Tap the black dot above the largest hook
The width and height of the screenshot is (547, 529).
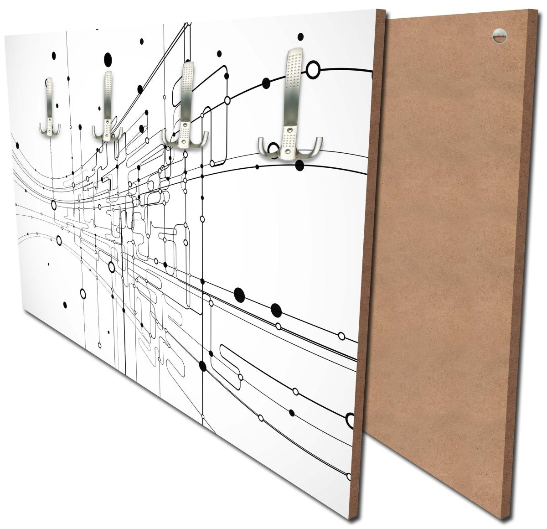(300, 36)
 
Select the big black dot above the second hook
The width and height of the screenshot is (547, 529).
(108, 58)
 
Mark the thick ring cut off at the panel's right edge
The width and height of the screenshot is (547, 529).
(351, 419)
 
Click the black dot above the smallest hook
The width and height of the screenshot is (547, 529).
(54, 55)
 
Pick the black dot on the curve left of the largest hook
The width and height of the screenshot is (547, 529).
(265, 82)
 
